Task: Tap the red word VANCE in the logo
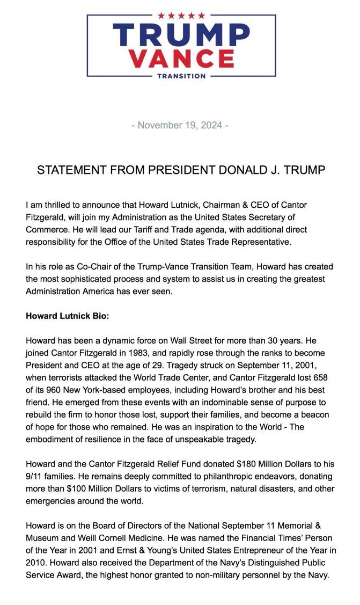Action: pyautogui.click(x=181, y=58)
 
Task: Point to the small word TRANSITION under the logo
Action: pyautogui.click(x=181, y=76)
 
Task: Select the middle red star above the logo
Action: pyautogui.click(x=181, y=15)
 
